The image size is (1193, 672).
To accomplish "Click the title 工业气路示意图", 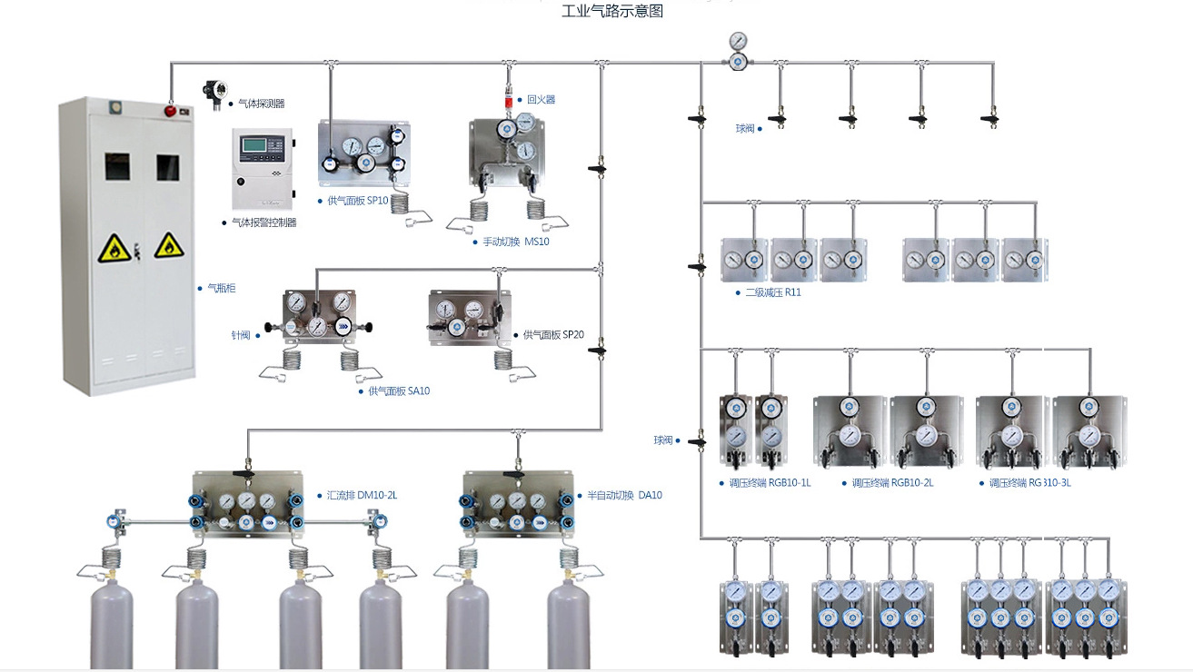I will [x=611, y=11].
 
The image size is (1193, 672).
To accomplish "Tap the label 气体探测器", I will [x=261, y=104].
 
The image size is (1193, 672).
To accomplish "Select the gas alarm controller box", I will [x=263, y=169].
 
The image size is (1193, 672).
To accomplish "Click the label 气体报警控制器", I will [x=264, y=222].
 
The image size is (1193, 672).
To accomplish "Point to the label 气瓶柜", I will [x=222, y=288].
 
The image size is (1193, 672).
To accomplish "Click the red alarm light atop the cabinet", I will [x=170, y=111].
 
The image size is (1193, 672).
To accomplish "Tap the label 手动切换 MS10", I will [x=515, y=242].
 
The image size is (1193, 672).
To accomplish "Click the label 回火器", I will [x=541, y=100].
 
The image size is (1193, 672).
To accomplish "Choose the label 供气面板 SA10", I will [x=399, y=391].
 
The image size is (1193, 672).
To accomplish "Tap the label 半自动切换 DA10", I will [x=624, y=496].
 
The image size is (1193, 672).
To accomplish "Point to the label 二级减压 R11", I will [x=773, y=293].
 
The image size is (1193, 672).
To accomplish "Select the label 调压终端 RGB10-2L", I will [x=892, y=483].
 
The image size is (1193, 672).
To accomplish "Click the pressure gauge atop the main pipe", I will [x=739, y=42].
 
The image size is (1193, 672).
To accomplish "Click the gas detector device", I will [x=216, y=93].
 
